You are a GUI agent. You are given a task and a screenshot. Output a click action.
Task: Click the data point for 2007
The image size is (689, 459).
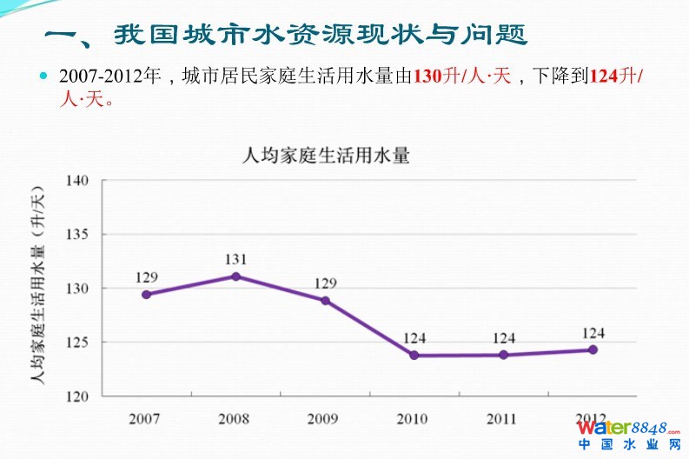pyautogui.click(x=146, y=295)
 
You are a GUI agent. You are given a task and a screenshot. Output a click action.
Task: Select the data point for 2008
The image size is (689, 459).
pyautogui.click(x=235, y=276)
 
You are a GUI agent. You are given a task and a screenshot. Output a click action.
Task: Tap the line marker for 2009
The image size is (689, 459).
pyautogui.click(x=325, y=301)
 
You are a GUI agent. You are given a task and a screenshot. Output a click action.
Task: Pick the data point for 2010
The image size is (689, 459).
pyautogui.click(x=414, y=356)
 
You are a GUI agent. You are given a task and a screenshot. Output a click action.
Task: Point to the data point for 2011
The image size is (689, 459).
pyautogui.click(x=503, y=355)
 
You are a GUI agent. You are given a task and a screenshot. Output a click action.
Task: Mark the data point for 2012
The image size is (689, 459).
pyautogui.click(x=593, y=349)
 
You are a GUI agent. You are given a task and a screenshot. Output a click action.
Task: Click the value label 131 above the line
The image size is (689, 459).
pyautogui.click(x=235, y=259)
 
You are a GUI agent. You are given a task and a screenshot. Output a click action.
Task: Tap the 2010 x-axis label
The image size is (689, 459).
pyautogui.click(x=413, y=418)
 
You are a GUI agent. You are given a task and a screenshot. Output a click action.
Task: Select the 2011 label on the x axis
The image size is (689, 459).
pyautogui.click(x=502, y=418)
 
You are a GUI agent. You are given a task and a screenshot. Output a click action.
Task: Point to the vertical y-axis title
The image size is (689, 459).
pyautogui.click(x=36, y=287)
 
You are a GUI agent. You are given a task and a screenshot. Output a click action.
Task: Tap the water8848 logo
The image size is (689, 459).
pyautogui.click(x=628, y=434)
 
